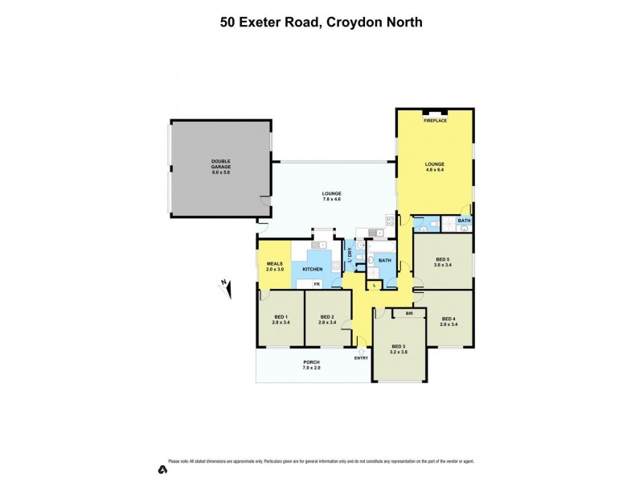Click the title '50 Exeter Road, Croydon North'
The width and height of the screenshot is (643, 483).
click(x=321, y=23)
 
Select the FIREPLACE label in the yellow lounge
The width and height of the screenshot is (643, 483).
click(x=436, y=120)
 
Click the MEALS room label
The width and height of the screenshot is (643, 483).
click(x=274, y=264)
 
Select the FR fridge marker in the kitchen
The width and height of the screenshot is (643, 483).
click(x=317, y=284)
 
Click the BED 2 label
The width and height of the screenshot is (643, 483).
click(x=326, y=317)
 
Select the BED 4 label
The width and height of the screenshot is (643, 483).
click(x=448, y=320)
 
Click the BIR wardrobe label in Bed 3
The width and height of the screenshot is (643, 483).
click(x=409, y=313)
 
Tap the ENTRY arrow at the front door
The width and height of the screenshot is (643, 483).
click(x=362, y=350)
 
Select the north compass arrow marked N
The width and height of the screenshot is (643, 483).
click(x=225, y=283)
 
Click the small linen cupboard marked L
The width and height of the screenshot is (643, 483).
click(x=375, y=286)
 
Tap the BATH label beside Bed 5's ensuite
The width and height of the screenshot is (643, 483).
click(x=464, y=221)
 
